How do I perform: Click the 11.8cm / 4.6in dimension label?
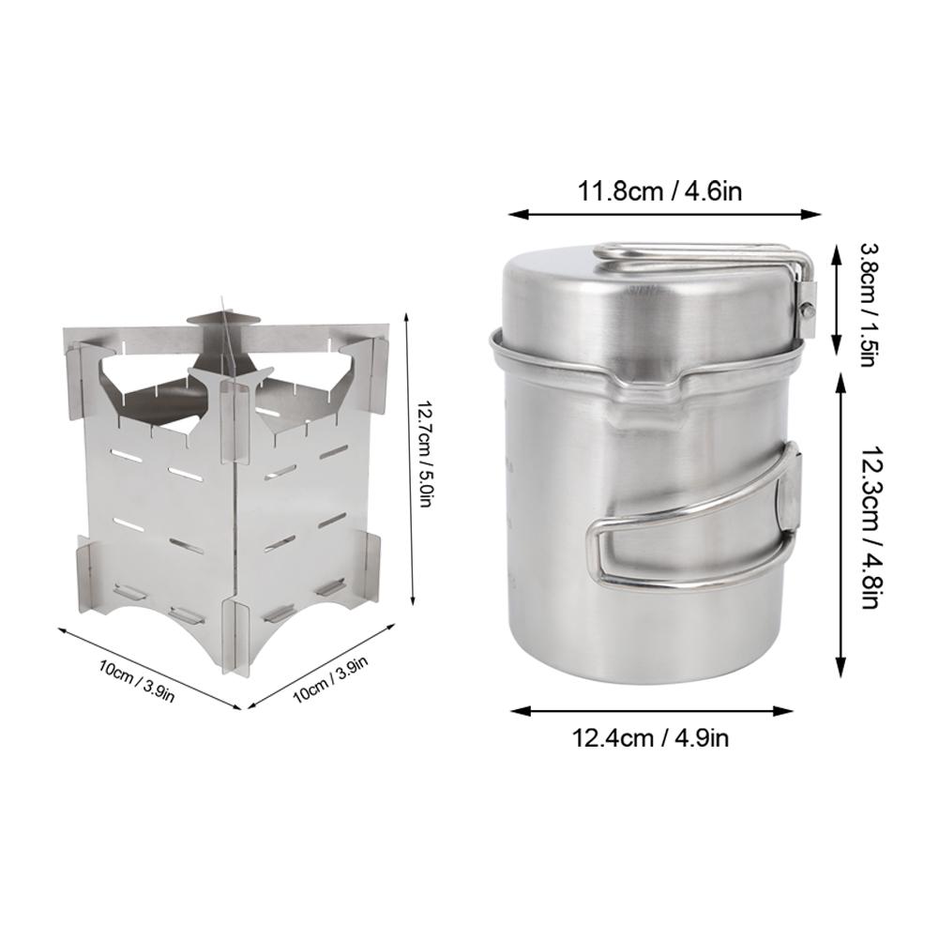point(659,191)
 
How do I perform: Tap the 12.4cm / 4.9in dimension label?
point(651,736)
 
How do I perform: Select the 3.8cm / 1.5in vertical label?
point(869,304)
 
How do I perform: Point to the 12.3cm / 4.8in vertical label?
point(871,526)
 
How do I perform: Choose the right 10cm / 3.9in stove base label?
point(330,678)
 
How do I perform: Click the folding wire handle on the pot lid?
point(706,258)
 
